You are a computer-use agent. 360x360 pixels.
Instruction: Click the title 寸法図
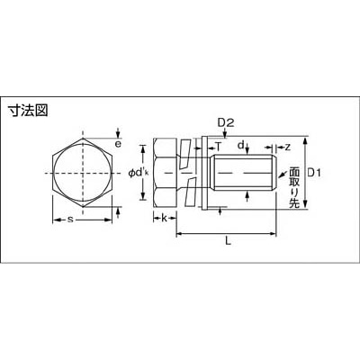pos(28,111)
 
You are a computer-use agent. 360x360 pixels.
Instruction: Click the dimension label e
pos(118,144)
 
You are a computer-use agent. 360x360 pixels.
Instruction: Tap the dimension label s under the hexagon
pos(70,220)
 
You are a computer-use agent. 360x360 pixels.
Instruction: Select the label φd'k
pos(139,173)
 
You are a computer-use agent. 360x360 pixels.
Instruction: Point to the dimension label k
pos(164,218)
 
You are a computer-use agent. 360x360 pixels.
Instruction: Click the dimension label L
pos(229,240)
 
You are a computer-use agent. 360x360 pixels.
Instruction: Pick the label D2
pos(226,122)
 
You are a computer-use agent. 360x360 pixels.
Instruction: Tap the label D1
pos(314,173)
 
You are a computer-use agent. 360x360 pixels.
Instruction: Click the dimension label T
pos(219,148)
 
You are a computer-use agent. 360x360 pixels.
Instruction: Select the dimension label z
pos(287,147)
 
